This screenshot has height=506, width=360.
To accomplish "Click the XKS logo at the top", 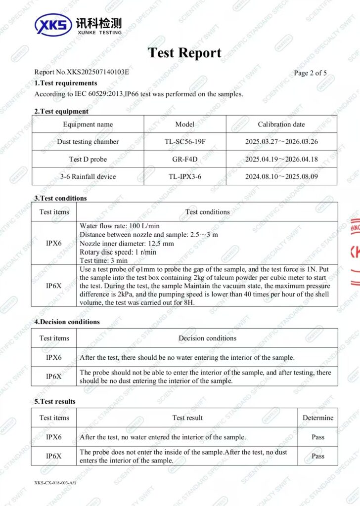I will click(53, 24).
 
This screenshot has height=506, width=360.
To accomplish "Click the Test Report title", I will click(185, 53).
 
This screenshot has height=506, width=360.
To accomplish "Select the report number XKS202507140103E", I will click(82, 72).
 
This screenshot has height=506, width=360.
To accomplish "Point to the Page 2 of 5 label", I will click(310, 73).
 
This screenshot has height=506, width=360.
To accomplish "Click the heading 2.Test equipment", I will click(61, 111).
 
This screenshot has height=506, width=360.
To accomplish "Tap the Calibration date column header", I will click(281, 125).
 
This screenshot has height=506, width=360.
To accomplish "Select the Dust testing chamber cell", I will click(88, 142).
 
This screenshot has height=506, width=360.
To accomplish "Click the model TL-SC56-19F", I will click(185, 142).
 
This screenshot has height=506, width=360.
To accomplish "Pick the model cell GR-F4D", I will click(185, 159).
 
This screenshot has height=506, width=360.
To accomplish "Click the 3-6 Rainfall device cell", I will click(88, 176).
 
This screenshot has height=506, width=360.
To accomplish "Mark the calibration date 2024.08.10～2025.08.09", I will click(281, 176).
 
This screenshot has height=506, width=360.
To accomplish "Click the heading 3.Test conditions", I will click(60, 198).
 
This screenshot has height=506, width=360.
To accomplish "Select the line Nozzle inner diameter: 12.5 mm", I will click(126, 243).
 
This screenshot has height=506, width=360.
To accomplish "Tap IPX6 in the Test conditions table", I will click(54, 243).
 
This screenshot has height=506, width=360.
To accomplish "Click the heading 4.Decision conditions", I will click(67, 322).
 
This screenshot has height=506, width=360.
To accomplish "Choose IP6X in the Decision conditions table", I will click(54, 376).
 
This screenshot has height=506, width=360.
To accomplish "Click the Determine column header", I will click(318, 418).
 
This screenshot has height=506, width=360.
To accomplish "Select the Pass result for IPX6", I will click(318, 437).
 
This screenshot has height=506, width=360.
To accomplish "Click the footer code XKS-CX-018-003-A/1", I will click(55, 483).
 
